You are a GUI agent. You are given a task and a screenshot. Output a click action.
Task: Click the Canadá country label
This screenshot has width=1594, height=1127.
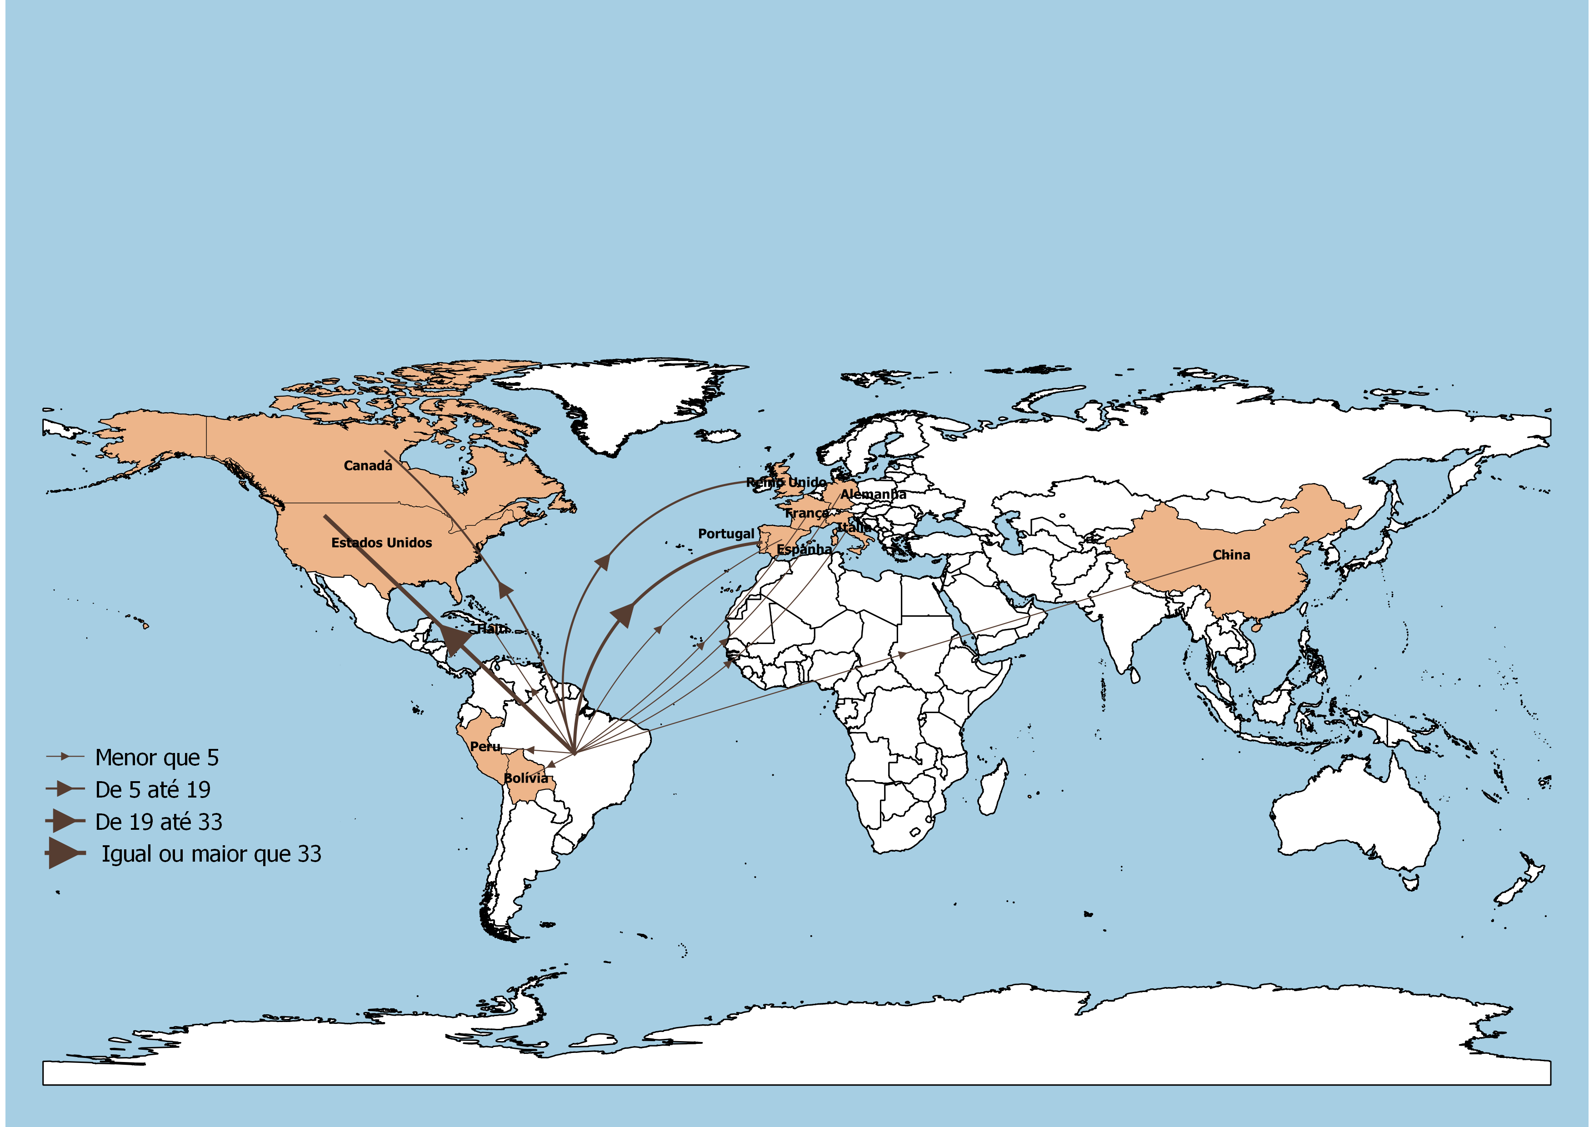[x=368, y=466]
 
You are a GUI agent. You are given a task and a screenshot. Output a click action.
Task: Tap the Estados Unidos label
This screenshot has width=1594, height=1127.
[x=381, y=543]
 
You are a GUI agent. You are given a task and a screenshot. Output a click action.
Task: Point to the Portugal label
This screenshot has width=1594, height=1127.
[x=725, y=534]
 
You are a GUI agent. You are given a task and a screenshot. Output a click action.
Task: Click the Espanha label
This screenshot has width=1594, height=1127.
[x=804, y=549]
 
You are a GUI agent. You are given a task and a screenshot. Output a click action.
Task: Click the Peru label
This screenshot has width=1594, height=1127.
[x=485, y=747]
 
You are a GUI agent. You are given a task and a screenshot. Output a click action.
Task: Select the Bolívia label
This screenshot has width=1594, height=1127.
[x=525, y=778]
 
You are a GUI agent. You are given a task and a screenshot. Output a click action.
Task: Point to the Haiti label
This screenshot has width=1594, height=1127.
[x=492, y=629]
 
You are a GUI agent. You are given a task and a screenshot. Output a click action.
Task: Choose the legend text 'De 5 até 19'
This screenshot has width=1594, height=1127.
[x=153, y=790]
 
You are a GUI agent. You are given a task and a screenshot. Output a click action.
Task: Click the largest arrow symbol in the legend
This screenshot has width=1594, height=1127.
[x=65, y=853]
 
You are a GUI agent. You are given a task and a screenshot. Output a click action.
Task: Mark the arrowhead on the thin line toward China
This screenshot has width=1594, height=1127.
[x=901, y=654]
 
